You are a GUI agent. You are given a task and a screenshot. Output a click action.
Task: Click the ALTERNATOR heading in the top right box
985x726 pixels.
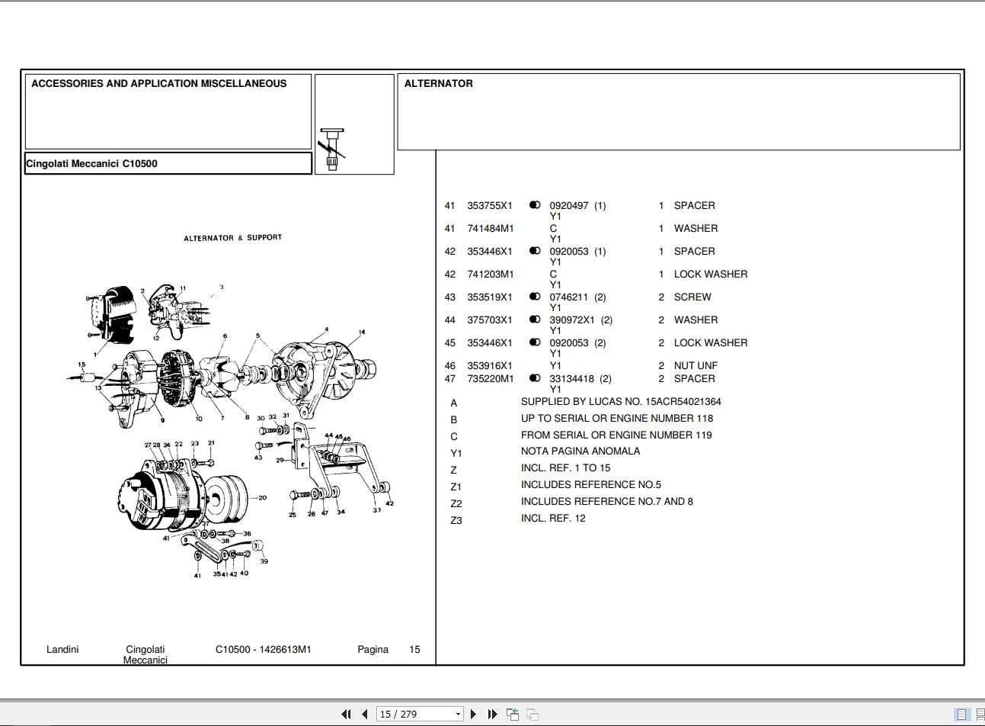point(438,83)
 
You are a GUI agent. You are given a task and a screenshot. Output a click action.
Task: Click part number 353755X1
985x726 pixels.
point(490,206)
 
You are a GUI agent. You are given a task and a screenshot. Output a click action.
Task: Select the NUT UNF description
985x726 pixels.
point(695,366)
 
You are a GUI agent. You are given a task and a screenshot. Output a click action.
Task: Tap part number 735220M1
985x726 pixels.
point(490,379)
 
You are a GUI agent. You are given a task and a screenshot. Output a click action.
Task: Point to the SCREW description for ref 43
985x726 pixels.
point(692,297)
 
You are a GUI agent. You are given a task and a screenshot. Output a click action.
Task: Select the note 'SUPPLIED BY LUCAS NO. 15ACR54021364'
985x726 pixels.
point(620,402)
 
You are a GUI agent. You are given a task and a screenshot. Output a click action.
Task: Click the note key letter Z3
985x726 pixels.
point(456,521)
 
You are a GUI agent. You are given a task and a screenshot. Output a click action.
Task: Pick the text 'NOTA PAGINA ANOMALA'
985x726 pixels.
point(580,451)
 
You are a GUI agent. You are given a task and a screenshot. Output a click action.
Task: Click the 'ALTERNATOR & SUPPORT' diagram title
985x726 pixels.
point(232,238)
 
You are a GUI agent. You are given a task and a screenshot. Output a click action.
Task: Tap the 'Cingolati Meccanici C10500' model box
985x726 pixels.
point(168,163)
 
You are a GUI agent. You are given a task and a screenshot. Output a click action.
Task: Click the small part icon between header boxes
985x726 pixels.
point(332,149)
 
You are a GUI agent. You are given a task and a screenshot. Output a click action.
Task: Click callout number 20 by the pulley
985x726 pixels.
point(262,498)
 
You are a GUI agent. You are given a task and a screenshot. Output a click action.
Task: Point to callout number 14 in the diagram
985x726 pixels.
point(361,332)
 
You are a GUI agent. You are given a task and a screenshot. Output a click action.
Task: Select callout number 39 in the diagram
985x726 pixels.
point(264,561)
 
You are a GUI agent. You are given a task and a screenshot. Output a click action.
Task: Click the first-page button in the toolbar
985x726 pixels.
point(346,715)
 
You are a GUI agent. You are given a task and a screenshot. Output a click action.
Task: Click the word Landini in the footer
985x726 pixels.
point(62,650)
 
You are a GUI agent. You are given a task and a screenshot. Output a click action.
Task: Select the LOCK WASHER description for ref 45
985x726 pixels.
point(710,343)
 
